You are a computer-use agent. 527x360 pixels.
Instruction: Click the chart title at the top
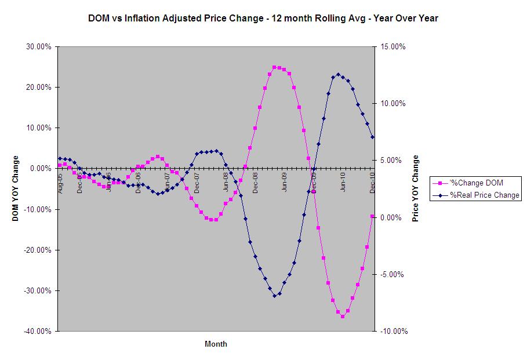(x=263, y=18)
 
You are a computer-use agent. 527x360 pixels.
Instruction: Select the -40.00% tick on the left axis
(x=38, y=331)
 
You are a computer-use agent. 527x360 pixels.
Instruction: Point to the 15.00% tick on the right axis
(x=392, y=47)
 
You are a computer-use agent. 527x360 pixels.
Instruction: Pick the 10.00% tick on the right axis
(x=392, y=104)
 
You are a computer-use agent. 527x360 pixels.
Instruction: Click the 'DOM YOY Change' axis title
(x=15, y=188)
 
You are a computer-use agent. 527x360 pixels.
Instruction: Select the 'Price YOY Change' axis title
(x=415, y=189)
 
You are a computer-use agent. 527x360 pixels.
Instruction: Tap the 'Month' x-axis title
(x=216, y=344)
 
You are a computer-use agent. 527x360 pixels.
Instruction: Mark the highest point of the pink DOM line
(x=275, y=67)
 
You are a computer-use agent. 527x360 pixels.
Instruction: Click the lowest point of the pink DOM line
(x=343, y=317)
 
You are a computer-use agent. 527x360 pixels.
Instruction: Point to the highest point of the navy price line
(x=338, y=75)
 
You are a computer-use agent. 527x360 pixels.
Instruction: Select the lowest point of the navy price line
(x=275, y=296)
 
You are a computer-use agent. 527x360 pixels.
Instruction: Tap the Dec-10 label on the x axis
(x=372, y=182)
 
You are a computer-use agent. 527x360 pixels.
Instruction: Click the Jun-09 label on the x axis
(x=284, y=182)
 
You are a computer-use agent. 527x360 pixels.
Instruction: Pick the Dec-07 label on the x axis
(x=197, y=182)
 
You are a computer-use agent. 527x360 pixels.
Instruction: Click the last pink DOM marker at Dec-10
(x=372, y=216)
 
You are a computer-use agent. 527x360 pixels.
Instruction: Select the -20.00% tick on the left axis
(x=38, y=250)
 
